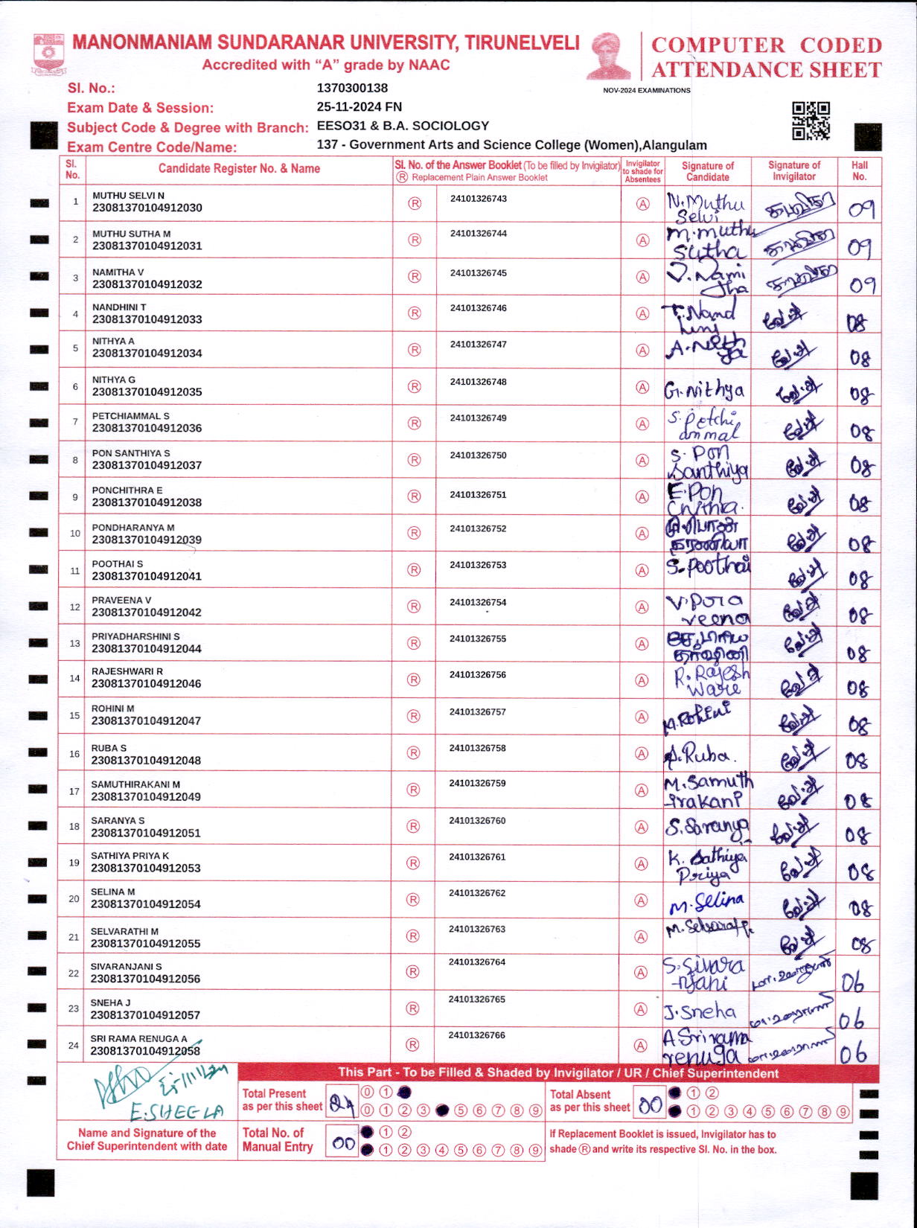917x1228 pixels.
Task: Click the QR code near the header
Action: click(x=811, y=121)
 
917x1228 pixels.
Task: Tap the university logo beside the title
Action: click(x=49, y=53)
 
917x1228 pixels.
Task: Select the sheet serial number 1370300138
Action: click(x=352, y=88)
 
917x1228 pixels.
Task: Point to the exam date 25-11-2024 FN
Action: click(x=359, y=106)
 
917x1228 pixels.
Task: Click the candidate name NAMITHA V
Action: click(x=118, y=272)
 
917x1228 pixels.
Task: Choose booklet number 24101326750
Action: click(x=478, y=455)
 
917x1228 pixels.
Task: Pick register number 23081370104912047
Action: click(x=146, y=720)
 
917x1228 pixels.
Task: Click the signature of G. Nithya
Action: click(x=704, y=389)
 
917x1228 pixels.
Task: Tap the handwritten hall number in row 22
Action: click(x=853, y=982)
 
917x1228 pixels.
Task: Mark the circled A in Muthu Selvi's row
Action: click(x=642, y=204)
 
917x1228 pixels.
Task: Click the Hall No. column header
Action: click(x=860, y=170)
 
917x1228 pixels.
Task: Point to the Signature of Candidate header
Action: click(x=707, y=171)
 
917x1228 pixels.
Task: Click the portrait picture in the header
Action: click(x=608, y=56)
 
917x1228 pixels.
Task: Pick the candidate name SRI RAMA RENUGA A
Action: click(x=139, y=1038)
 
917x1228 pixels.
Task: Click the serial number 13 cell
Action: click(x=74, y=643)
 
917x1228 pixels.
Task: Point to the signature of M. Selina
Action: click(x=706, y=904)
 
